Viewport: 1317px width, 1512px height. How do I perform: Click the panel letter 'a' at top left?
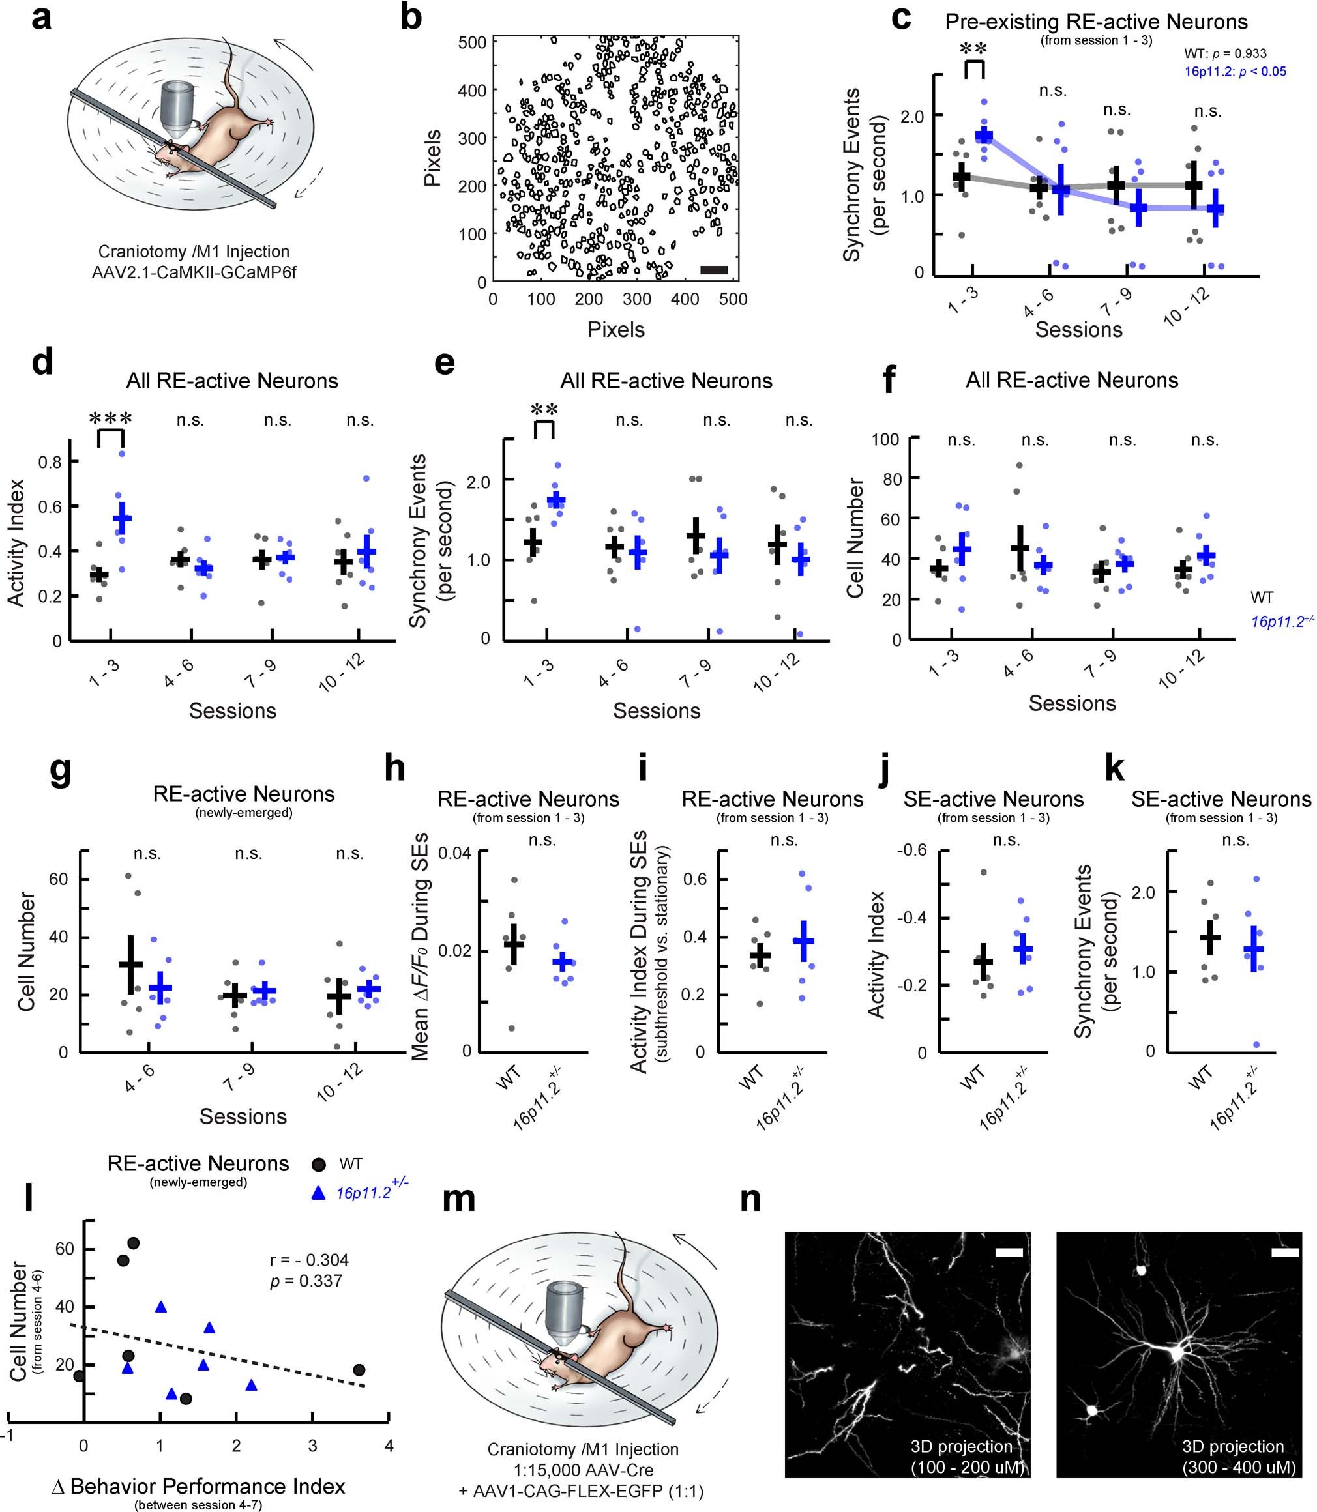pos(41,18)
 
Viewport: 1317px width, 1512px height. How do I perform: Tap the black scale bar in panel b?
pos(714,270)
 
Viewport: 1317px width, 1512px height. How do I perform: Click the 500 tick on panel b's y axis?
pos(473,42)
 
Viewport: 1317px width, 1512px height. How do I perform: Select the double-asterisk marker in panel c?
pos(974,50)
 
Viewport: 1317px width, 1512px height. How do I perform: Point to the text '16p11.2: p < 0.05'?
pos(1235,71)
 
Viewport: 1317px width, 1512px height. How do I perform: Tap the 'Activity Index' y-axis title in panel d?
pos(16,542)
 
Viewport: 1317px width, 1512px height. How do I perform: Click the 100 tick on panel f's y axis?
pos(885,439)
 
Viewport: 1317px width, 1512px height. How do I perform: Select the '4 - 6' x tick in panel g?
pos(138,1077)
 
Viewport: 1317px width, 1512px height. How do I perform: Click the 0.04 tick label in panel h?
pos(456,853)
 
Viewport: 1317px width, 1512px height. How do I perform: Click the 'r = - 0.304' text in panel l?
pos(308,1260)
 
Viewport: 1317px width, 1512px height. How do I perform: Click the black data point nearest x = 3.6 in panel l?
pos(359,1370)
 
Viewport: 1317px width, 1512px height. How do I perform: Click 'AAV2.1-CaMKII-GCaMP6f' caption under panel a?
pos(194,272)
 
